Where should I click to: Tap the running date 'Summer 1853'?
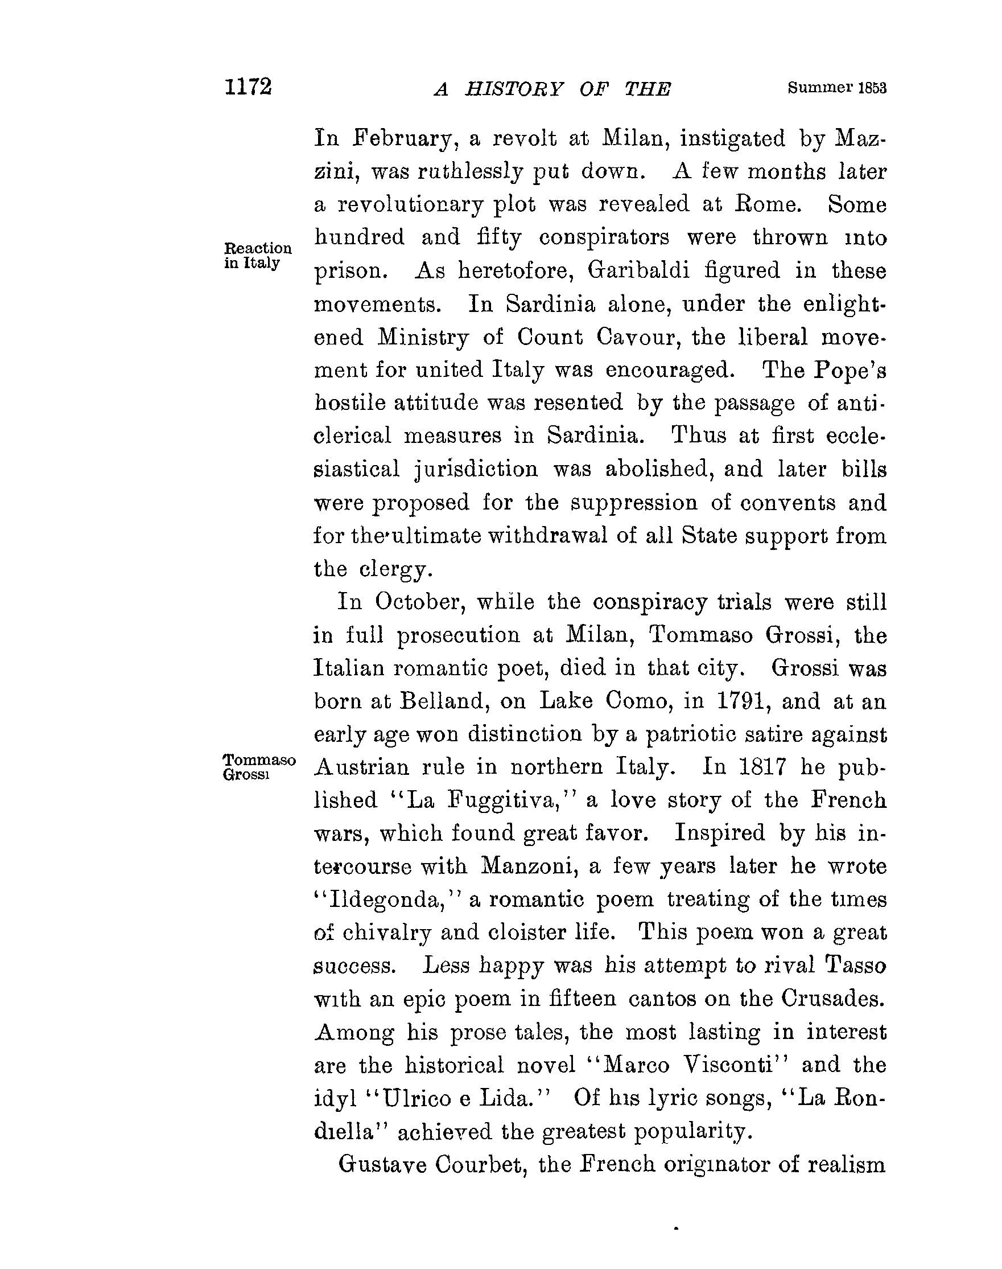point(836,88)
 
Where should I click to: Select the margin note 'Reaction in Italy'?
point(258,255)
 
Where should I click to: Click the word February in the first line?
point(402,138)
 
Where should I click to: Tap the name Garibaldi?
point(637,270)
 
